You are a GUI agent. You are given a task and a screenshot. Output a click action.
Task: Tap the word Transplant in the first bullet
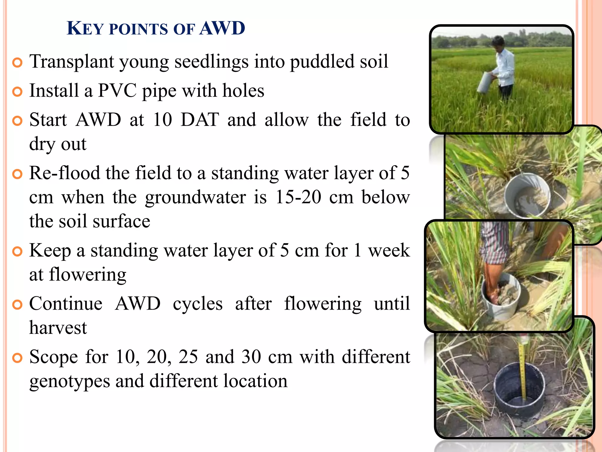[x=72, y=62]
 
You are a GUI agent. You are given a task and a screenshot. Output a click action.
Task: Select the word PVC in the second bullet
[x=117, y=90]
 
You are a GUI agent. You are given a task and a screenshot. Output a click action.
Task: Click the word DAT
[x=200, y=120]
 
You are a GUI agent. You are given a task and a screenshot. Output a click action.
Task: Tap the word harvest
[x=58, y=328]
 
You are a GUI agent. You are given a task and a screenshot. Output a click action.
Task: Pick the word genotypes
[x=70, y=381]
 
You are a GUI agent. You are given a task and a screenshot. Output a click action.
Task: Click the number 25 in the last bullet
[x=188, y=357]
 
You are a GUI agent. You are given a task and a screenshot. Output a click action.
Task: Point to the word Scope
[x=53, y=357]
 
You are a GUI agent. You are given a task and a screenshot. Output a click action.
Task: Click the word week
[x=389, y=250]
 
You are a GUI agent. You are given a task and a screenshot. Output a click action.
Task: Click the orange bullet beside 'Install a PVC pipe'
[x=18, y=92]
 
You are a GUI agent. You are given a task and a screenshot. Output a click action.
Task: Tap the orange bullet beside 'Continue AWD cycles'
[x=18, y=305]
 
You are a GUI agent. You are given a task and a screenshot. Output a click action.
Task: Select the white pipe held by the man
[x=485, y=82]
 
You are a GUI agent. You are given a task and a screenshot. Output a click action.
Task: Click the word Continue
[x=66, y=304]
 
